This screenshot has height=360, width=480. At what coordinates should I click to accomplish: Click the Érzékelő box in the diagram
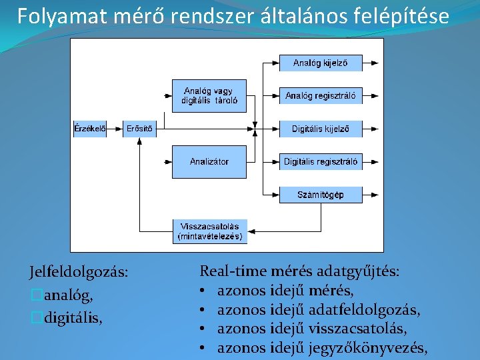point(89,129)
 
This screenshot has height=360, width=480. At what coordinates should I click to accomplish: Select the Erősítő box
point(139,129)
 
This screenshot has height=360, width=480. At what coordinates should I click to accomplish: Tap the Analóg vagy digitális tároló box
point(209,96)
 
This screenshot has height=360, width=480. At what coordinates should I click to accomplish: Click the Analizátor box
point(209,161)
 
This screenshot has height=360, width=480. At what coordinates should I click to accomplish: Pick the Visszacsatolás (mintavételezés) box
point(209,231)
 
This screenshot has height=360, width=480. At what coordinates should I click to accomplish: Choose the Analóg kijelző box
point(321,63)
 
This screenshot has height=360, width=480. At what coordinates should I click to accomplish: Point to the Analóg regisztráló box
point(321,96)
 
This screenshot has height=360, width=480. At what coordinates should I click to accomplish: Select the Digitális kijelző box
point(321,129)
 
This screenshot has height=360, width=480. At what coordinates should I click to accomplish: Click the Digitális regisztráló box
point(321,161)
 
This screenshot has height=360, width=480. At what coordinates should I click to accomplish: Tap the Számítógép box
point(321,195)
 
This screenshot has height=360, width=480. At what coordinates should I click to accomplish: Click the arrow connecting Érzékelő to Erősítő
point(115,129)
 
